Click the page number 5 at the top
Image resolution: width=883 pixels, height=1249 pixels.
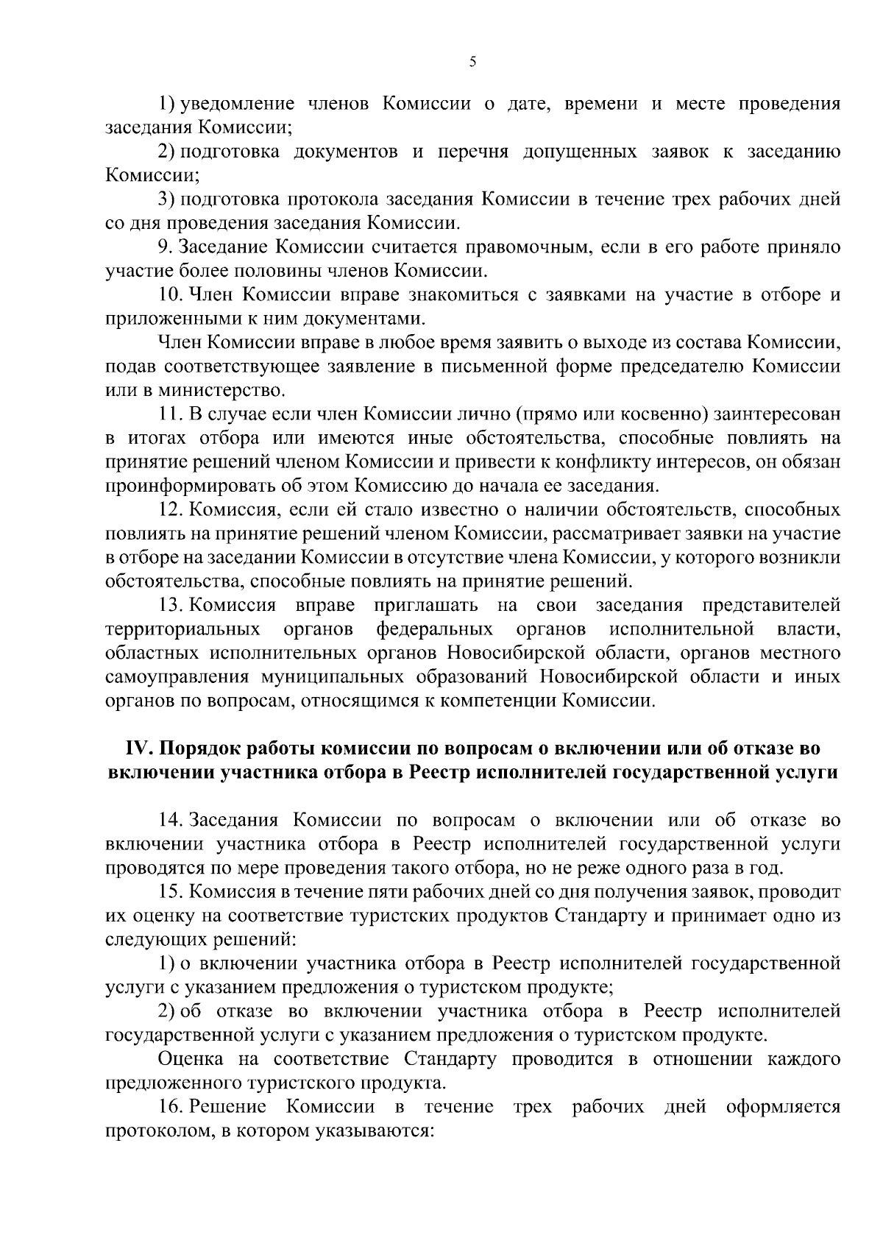click(472, 63)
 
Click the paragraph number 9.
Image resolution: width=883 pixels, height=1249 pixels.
click(164, 247)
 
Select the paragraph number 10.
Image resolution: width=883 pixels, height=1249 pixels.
click(170, 294)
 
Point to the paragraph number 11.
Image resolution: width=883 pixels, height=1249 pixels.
click(169, 414)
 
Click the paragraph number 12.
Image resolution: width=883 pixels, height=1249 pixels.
click(170, 509)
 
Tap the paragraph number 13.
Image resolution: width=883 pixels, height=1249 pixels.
click(170, 605)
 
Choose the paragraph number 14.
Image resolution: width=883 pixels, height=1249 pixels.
click(170, 820)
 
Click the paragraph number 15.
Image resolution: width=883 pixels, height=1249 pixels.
click(170, 891)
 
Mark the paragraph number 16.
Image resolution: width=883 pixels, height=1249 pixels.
click(170, 1106)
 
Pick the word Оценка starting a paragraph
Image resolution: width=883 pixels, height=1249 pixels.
click(193, 1059)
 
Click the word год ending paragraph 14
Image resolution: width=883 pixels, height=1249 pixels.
click(766, 868)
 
